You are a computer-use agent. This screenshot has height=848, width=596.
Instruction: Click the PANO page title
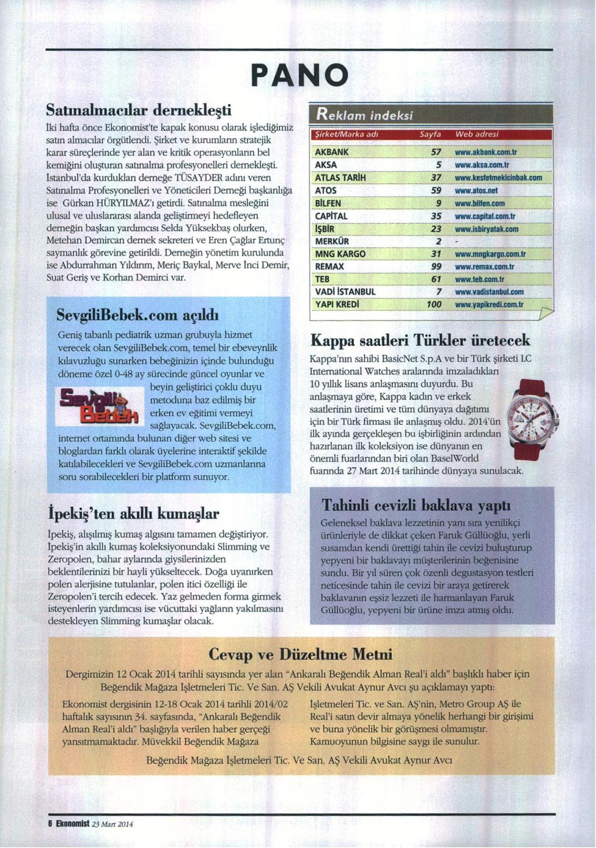(x=299, y=75)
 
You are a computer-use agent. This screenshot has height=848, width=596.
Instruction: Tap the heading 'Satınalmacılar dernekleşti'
(x=139, y=110)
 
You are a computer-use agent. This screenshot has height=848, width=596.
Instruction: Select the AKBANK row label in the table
(x=331, y=152)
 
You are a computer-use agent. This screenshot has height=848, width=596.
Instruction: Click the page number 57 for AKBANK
(x=436, y=152)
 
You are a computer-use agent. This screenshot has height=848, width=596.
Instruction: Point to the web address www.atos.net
(x=476, y=191)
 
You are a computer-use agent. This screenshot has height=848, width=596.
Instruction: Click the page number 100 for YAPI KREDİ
(x=434, y=305)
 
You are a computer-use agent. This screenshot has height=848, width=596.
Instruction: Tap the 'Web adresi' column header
(x=477, y=134)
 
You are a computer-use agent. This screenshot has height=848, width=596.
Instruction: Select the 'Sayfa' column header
(x=430, y=134)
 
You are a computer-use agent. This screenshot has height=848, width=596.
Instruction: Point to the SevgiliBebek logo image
(x=99, y=406)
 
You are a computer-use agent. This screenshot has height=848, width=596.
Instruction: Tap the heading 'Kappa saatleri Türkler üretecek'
(x=420, y=340)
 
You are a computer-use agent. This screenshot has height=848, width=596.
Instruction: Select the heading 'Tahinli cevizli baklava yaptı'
(x=416, y=505)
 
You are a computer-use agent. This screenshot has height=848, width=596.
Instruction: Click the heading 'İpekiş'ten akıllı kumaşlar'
(x=133, y=513)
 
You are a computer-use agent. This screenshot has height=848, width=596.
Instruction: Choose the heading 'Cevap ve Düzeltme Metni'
(x=300, y=654)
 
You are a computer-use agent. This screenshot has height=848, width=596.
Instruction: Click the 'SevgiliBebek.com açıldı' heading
(x=138, y=315)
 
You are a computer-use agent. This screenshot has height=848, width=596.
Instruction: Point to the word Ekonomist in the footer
(x=71, y=824)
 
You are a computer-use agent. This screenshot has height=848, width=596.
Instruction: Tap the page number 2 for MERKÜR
(x=438, y=242)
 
